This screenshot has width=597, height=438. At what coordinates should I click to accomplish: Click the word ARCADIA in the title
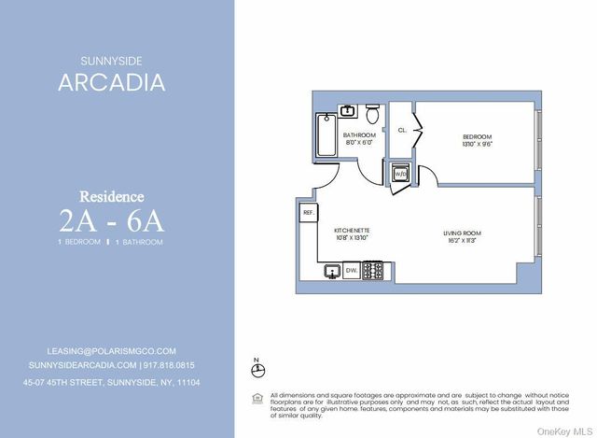click(112, 82)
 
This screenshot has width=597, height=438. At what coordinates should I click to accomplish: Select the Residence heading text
click(112, 197)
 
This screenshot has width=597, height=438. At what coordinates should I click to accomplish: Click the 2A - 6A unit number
click(112, 221)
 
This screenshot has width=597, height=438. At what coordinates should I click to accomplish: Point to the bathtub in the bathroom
click(326, 135)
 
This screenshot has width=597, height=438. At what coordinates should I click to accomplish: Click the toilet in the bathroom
click(372, 116)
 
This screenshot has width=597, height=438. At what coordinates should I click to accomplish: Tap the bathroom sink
click(347, 111)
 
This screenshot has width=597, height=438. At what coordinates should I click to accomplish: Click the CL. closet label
click(403, 131)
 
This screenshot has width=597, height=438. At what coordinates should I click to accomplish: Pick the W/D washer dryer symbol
click(399, 174)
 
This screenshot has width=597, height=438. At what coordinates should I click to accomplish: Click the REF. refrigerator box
click(308, 213)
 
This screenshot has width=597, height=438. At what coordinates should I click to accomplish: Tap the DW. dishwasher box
click(352, 271)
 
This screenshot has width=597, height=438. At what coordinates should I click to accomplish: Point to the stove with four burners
click(372, 271)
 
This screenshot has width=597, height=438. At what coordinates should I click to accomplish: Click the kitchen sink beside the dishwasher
click(332, 271)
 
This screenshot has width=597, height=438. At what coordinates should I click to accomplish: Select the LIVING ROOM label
click(462, 232)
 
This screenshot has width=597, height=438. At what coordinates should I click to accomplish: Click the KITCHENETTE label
click(353, 231)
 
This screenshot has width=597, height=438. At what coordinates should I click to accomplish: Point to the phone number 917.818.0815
click(171, 365)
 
